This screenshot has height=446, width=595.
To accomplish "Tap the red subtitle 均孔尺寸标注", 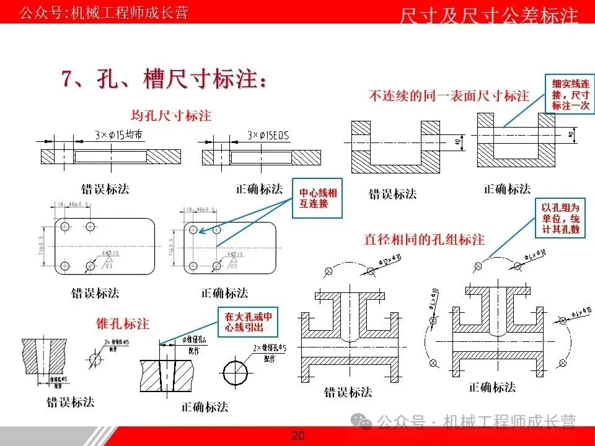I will pos(171,115).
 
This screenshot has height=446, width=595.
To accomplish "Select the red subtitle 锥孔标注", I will pos(122,323).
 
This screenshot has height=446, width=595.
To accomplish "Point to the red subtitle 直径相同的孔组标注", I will pos(424,239).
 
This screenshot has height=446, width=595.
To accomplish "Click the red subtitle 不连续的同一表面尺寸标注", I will pos(449,96).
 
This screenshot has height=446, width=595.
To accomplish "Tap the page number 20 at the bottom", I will pos(298,435).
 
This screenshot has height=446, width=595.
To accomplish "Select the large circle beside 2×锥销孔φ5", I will pos(237,370).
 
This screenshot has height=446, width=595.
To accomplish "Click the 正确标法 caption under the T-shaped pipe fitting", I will pos(492,387).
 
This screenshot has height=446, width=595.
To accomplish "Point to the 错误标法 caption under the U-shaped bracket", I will pos(393,194).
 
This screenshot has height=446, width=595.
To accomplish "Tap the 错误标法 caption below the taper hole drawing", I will pos(71,402).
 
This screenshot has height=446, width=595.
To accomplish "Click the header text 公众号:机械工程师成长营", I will pos(104,12).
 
